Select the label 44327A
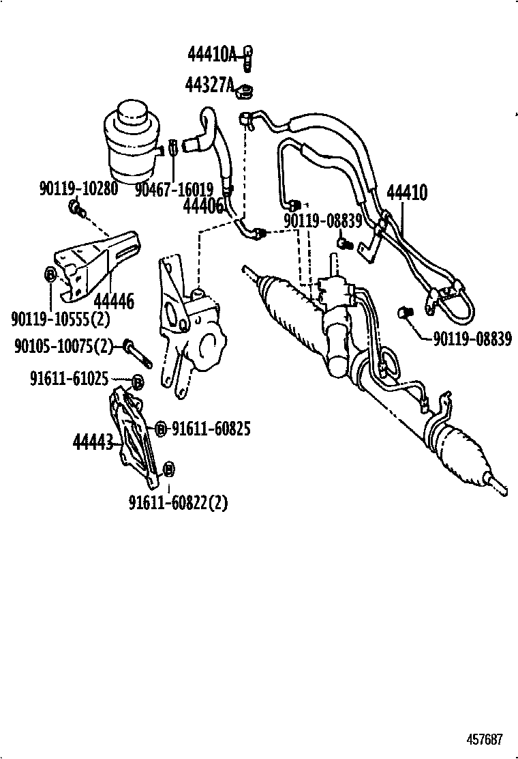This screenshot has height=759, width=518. (209, 85)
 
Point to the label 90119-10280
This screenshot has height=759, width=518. (78, 188)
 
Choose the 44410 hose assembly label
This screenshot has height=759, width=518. (407, 192)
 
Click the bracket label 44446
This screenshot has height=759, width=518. (114, 300)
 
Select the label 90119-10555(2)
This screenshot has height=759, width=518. (61, 318)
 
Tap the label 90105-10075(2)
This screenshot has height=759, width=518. (63, 346)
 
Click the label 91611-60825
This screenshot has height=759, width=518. (211, 429)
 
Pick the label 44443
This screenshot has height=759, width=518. (93, 442)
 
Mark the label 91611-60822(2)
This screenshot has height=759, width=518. (178, 503)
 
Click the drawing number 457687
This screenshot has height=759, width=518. (485, 739)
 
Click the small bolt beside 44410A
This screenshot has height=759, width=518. (249, 57)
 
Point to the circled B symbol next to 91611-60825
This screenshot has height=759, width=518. (160, 429)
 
